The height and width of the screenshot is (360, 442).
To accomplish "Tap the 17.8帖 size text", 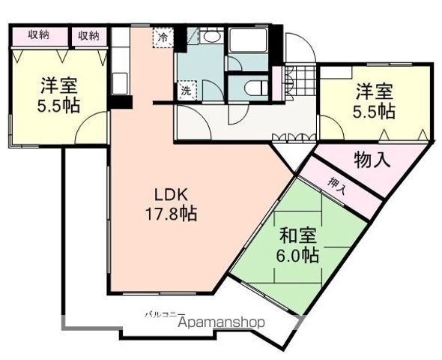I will coord(171,214).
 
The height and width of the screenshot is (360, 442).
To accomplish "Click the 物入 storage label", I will coord(372,160).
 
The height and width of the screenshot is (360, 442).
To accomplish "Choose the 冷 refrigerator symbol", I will coord(163,35).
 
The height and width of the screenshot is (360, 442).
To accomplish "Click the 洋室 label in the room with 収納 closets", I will coord(59,85).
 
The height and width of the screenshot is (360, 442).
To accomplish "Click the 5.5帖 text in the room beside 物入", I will coord(375,112).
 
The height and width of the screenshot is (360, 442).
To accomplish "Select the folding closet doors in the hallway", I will coord(293,136).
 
